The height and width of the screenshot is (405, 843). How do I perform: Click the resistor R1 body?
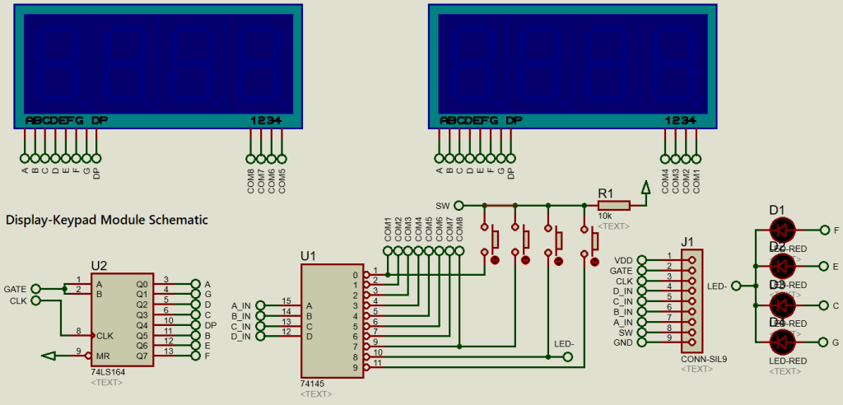613,205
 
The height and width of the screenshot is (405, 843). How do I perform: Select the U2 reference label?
99,265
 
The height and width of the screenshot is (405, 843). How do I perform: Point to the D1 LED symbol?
781,230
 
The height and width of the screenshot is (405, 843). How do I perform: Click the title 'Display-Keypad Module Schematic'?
106,220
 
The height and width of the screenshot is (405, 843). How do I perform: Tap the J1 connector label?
688,242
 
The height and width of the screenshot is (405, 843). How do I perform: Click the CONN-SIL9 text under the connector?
697,359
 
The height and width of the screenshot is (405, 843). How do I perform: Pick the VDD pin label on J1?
623,259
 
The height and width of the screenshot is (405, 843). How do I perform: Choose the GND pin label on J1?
623,342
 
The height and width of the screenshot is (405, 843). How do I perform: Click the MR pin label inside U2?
101,355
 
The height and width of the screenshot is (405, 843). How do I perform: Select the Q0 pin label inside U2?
142,284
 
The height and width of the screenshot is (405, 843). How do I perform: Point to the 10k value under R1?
605,216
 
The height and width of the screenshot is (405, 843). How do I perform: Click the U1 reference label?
309,256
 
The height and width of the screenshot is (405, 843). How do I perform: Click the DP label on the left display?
100,120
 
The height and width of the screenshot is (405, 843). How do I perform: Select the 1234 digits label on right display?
681,120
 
